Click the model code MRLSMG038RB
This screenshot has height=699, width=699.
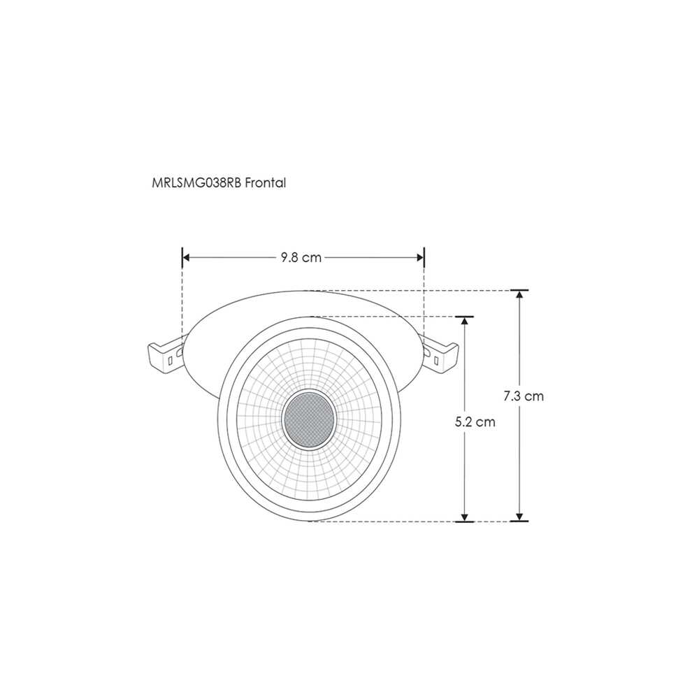[x=196, y=182]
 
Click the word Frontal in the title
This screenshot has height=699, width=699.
[x=266, y=182]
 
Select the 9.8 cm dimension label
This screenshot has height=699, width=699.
[x=301, y=257]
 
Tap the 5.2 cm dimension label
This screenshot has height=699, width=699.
[x=475, y=422]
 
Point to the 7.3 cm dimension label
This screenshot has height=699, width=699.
[x=524, y=396]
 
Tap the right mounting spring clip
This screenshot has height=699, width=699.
[x=442, y=357]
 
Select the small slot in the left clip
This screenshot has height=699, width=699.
[x=172, y=361]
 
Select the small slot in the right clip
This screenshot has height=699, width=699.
[x=437, y=361]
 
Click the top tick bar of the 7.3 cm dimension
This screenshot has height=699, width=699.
[x=519, y=290]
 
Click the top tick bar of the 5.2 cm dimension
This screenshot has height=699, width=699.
[x=463, y=317]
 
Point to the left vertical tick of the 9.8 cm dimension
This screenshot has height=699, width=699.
[x=182, y=257]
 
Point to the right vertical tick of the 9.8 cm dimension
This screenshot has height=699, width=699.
[x=424, y=257]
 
